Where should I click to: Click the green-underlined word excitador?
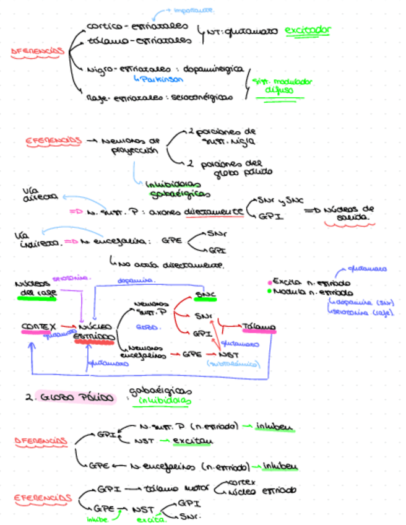click(x=308, y=30)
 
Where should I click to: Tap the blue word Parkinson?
click(x=159, y=79)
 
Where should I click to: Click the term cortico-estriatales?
click(x=137, y=27)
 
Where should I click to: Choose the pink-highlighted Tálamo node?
click(x=259, y=327)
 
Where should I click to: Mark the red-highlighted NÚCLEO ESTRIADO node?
click(x=94, y=332)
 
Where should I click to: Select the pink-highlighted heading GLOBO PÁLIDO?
click(x=77, y=397)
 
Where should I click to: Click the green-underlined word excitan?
click(x=192, y=441)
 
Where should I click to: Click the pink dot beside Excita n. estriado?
click(x=270, y=280)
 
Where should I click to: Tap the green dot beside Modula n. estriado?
click(x=270, y=291)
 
